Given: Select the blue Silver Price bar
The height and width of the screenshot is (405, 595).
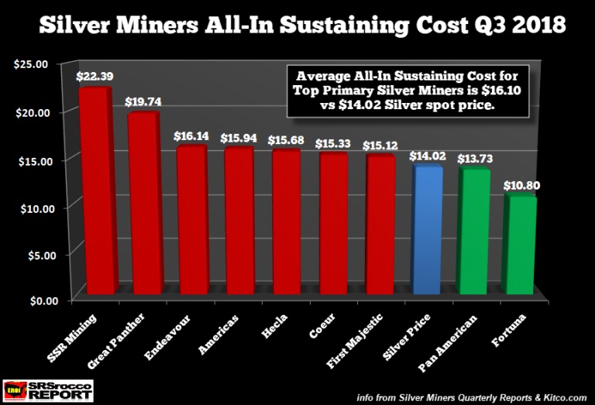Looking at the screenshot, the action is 427,230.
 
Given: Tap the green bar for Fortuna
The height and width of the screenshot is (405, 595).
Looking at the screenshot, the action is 520,244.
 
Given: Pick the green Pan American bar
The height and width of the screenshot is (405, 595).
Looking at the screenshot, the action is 473,231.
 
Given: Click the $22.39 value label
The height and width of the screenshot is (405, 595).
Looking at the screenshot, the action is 95,76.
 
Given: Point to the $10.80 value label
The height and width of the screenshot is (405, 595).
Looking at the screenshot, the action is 521,185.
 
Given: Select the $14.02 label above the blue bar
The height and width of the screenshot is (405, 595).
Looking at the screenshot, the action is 428,156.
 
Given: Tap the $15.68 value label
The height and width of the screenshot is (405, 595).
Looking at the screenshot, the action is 286,140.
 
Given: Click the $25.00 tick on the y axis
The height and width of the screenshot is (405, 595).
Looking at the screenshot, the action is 31,64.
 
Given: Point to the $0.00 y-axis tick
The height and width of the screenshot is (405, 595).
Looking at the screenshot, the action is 44,301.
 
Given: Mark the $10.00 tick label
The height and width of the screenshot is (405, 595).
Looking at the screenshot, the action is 37,208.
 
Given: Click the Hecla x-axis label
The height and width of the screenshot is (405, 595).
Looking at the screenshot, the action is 274,326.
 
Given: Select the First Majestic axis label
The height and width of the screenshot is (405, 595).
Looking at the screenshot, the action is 354,341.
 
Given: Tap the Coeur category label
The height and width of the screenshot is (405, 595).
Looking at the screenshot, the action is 322,325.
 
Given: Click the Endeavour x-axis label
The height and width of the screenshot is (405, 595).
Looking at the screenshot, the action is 167,336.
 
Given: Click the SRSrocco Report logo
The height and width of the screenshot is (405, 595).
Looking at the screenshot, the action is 48,390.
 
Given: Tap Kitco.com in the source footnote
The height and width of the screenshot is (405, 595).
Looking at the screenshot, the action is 566,397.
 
